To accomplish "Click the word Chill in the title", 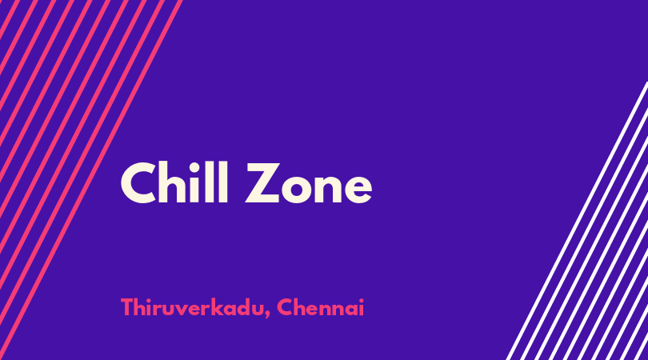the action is point(174,182).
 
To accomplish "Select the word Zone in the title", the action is point(309,183).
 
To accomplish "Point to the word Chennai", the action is point(320,307).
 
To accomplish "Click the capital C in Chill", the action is point(138,183).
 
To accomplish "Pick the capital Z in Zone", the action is point(263,183).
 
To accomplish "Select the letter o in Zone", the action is point(297,189).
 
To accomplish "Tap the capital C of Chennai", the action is point(285,307).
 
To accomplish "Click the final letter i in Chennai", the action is point(361,307).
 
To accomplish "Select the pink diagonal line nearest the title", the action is point(90,180).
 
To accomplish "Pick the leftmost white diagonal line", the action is point(578,221).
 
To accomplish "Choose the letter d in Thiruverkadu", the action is point(245,307).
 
